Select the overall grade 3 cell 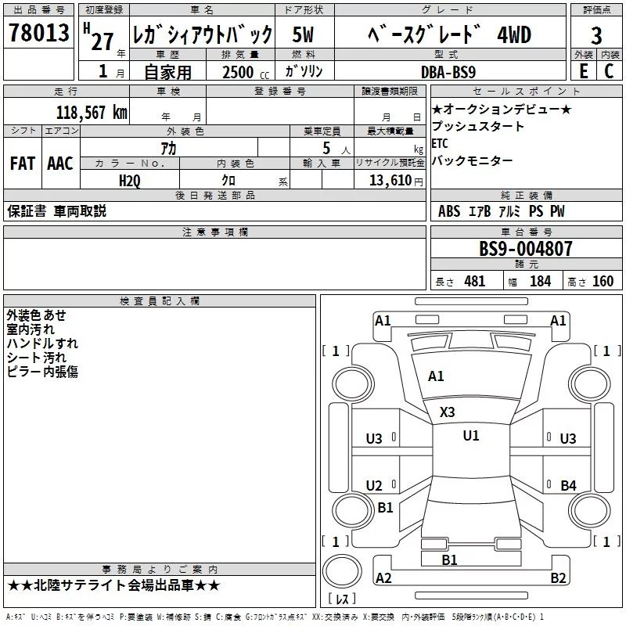596,35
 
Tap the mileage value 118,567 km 92,112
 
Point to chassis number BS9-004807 526,249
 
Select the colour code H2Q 130,180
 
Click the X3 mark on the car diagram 448,412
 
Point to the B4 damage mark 568,485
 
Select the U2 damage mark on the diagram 375,485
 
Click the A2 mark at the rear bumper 383,578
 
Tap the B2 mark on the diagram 558,578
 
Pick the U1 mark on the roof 470,436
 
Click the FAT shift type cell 22,164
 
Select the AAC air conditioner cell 59,164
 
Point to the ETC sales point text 440,143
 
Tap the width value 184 540,282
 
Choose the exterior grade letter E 583,71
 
